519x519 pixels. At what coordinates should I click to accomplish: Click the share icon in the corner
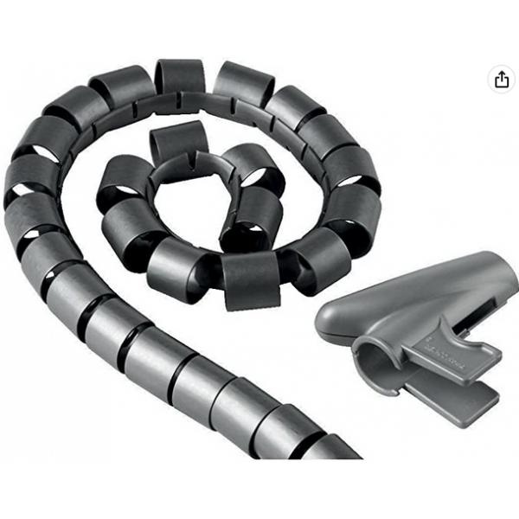click(502, 79)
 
